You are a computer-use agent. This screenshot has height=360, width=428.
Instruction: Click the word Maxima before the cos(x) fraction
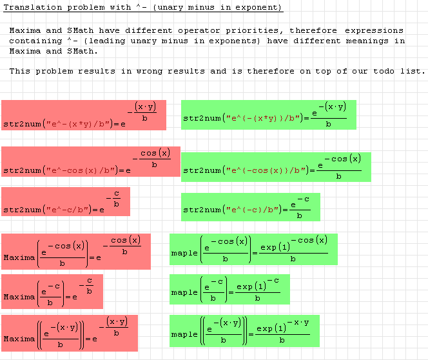pyautogui.click(x=19, y=257)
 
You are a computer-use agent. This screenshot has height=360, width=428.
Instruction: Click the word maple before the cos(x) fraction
pyautogui.click(x=184, y=253)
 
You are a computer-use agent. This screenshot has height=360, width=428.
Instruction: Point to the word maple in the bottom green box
pyautogui.click(x=184, y=334)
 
